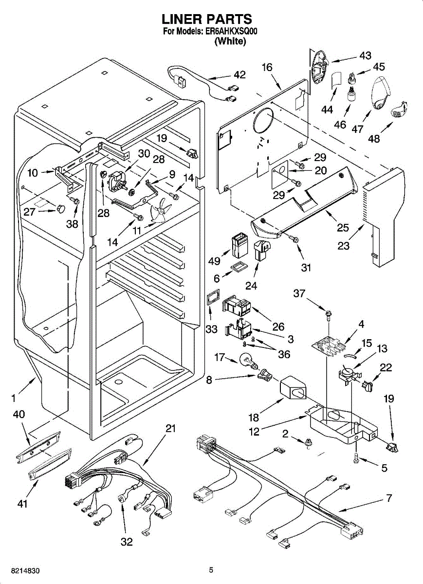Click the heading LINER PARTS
pos(206,19)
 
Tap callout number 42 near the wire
pos(239,75)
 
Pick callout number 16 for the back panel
pos(267,67)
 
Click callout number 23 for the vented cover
pos(344,246)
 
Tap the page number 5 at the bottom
pos(211,570)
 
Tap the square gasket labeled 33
pos(213,296)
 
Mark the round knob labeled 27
pos(60,209)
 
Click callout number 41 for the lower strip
pos(22,504)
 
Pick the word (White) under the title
pos(230,41)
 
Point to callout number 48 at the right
pos(374,139)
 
